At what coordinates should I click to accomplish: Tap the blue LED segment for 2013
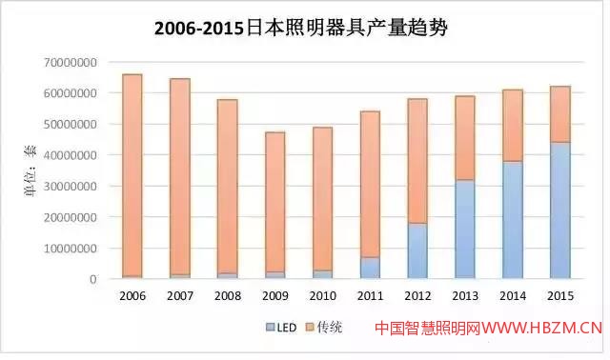coord(464,230)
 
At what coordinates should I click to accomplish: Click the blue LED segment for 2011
coord(370,268)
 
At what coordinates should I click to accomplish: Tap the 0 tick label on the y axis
coord(93,279)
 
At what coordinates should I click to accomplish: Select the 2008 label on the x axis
coord(228,295)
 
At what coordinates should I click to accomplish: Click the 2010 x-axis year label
coord(322,295)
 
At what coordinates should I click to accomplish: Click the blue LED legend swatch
coord(269,328)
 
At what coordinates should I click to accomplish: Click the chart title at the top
coord(300,28)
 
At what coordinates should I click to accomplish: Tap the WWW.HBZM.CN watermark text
coord(542,329)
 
